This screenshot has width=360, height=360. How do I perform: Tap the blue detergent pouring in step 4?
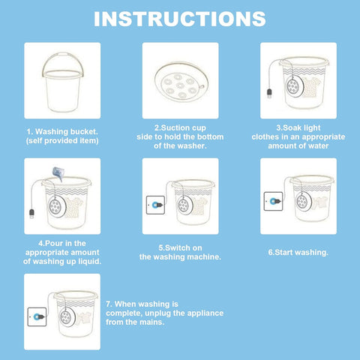[55, 175]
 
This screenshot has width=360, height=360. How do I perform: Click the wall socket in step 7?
[36, 316]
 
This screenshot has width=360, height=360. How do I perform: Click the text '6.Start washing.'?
[298, 253]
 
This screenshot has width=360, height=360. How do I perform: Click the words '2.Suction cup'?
[180, 128]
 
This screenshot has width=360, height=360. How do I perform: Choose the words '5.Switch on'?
[179, 247]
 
